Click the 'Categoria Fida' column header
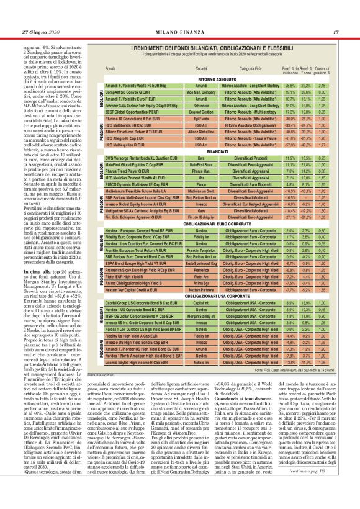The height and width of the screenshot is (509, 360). point(253,68)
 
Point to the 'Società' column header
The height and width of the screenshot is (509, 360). point(201,68)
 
